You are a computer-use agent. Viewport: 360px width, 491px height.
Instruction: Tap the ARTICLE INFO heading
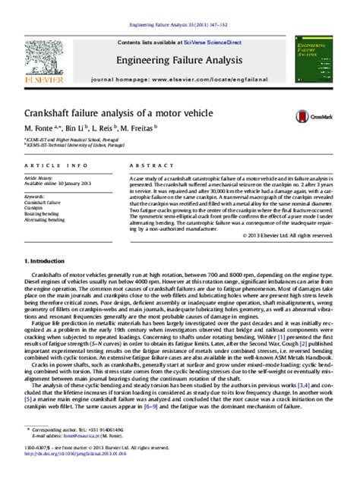(49, 165)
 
